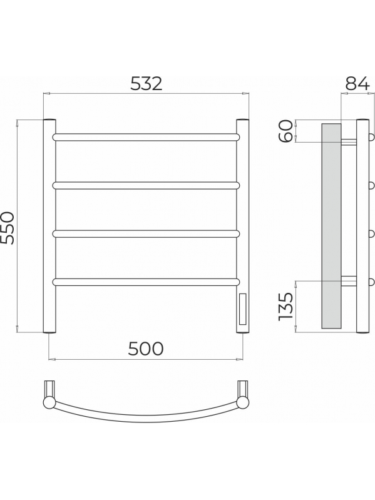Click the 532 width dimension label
pos(146,84)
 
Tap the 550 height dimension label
pos(8,228)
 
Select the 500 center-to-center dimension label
pos(146,349)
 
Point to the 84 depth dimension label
pos(357,84)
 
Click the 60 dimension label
pos(285,131)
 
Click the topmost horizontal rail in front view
pos(146,137)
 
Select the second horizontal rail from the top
pos(146,186)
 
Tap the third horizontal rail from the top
pos(146,234)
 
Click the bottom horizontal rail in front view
pos(146,282)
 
